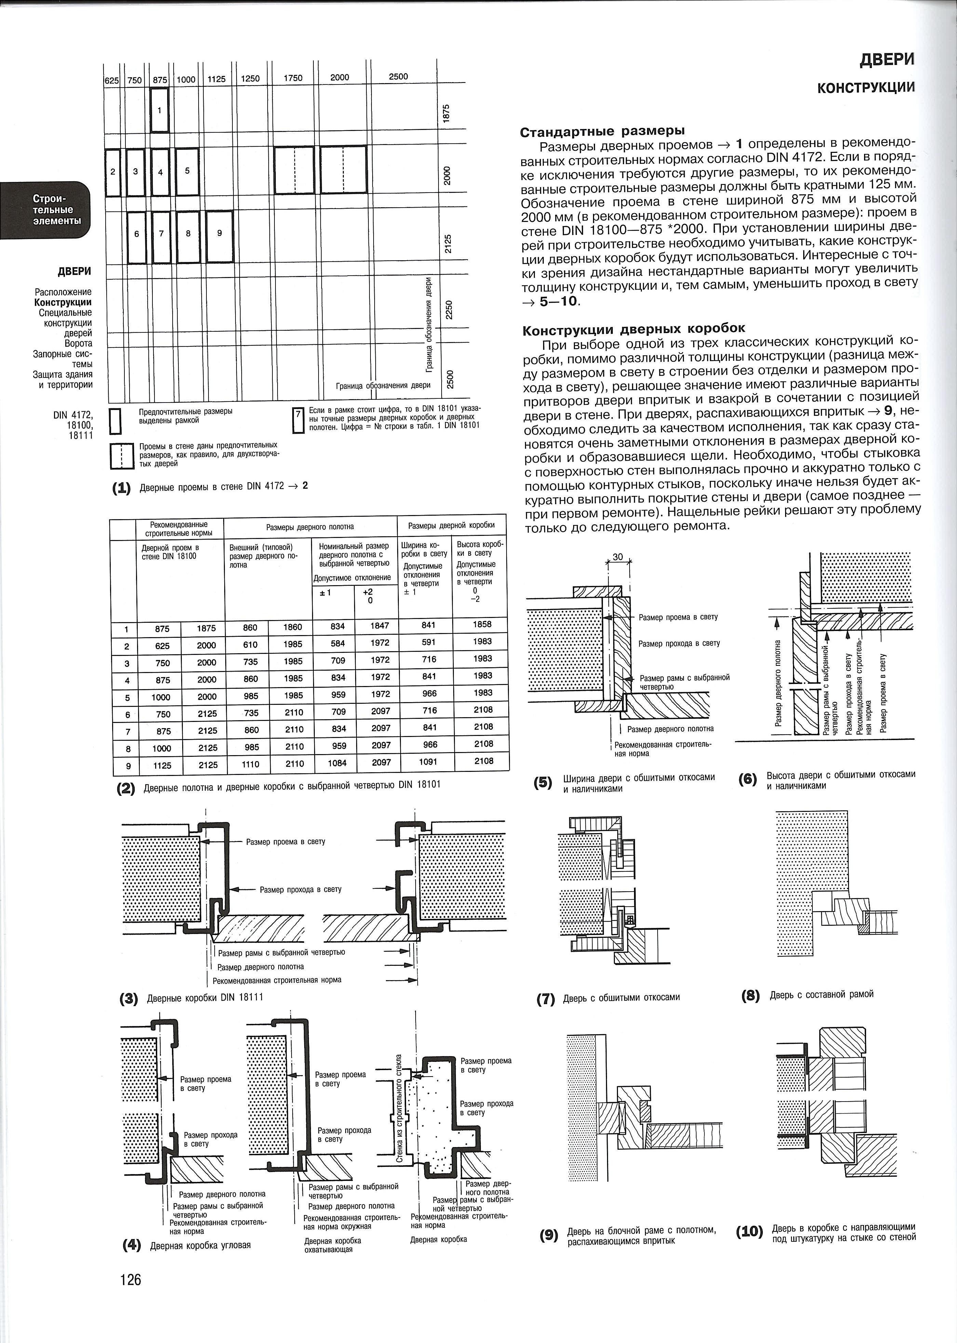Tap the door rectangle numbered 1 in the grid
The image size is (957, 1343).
(160, 110)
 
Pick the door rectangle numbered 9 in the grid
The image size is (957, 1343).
(219, 237)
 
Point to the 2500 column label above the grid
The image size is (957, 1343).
(399, 77)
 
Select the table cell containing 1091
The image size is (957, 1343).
(428, 762)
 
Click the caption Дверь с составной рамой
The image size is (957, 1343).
(821, 995)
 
